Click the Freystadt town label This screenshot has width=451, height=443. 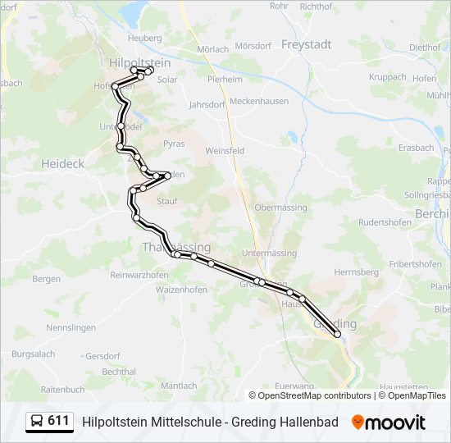pos(307,44)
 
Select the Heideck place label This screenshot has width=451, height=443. pos(62,163)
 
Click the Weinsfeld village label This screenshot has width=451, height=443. pos(225,151)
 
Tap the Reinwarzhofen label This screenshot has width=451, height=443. pos(139,274)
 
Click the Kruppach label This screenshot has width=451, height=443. pos(388,76)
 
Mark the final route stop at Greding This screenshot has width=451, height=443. pos(337,334)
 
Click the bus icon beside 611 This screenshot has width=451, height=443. pos(37,422)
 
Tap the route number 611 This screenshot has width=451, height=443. pos(58,421)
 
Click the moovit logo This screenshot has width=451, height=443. pos(389,422)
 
